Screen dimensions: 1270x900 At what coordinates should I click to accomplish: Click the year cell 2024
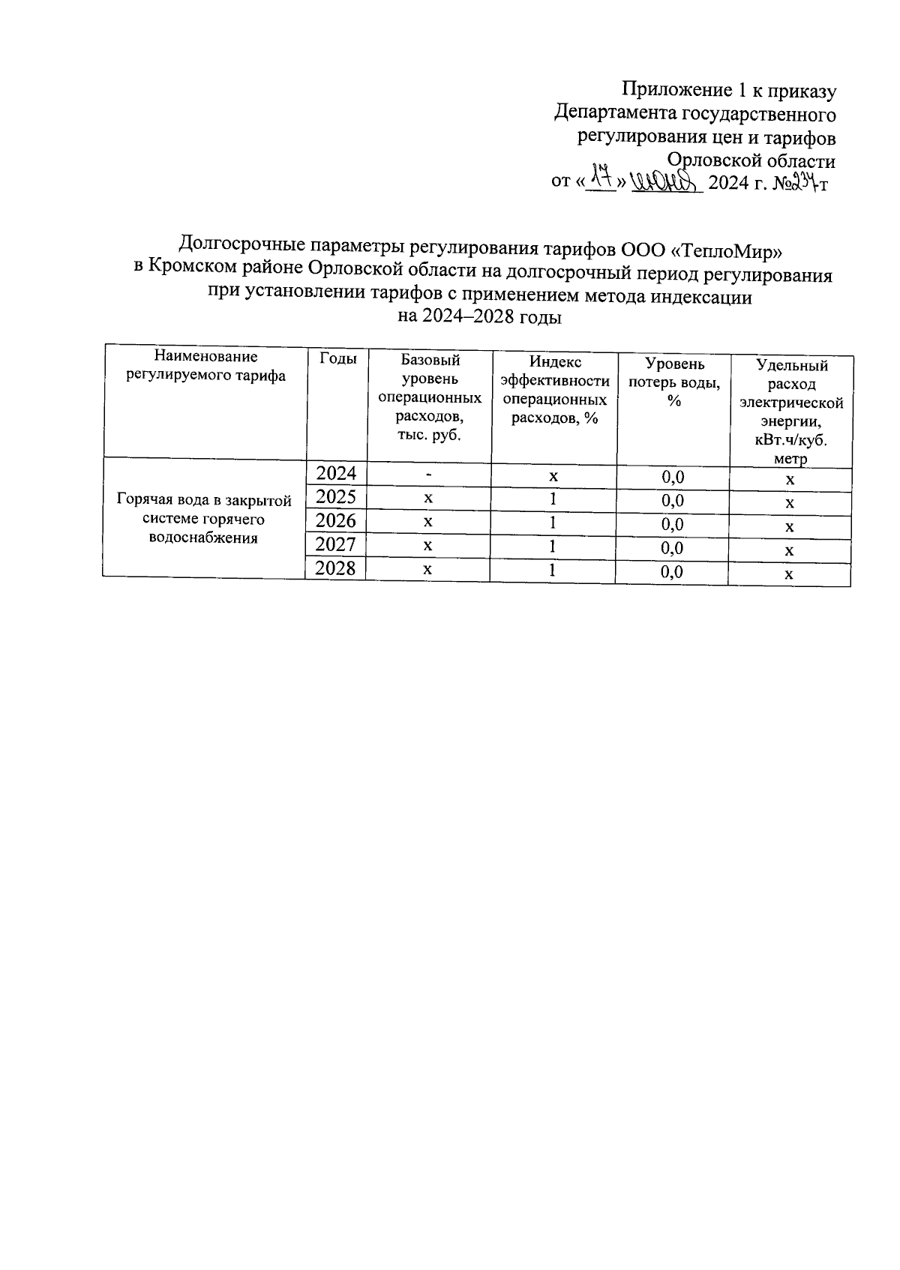click(x=336, y=474)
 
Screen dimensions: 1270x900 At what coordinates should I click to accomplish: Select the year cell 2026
click(x=336, y=521)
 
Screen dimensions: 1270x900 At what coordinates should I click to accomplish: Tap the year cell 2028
click(x=336, y=568)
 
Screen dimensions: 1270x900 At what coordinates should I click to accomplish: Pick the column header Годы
click(x=338, y=359)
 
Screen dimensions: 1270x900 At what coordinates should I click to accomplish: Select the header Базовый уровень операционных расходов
click(x=430, y=397)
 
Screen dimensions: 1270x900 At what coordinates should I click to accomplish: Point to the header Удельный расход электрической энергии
click(x=791, y=412)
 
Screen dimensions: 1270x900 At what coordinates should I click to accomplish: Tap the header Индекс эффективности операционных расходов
click(x=554, y=390)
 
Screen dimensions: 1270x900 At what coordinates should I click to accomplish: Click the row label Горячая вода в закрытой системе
click(x=204, y=519)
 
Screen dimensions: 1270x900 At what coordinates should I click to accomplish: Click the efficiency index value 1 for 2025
click(x=553, y=499)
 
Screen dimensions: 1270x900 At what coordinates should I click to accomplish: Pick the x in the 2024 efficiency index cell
click(x=553, y=476)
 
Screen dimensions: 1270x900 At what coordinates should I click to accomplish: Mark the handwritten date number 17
click(x=600, y=178)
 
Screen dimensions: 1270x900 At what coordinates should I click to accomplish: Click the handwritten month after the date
click(x=665, y=180)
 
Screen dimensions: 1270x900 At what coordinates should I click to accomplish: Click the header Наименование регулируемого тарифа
click(x=205, y=367)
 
